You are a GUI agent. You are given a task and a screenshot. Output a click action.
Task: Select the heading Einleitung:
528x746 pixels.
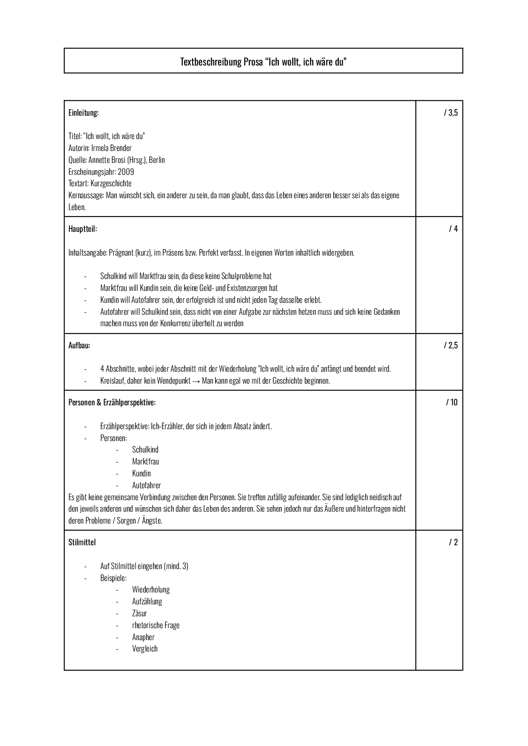click(83, 113)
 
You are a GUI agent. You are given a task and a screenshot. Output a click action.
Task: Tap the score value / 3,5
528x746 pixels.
click(451, 113)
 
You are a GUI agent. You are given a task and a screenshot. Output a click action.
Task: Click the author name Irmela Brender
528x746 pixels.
click(111, 148)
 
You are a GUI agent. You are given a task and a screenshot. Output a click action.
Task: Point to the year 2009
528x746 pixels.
click(126, 172)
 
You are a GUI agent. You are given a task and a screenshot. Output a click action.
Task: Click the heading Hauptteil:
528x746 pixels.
click(82, 229)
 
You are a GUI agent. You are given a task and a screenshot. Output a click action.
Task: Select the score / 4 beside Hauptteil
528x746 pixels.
click(453, 229)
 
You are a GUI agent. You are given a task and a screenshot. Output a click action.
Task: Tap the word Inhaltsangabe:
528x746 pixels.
click(88, 253)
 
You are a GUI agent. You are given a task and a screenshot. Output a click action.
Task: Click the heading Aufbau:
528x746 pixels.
click(79, 345)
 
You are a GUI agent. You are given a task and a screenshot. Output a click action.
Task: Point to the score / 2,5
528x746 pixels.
click(451, 345)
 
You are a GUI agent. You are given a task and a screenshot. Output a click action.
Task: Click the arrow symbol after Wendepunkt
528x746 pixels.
click(196, 381)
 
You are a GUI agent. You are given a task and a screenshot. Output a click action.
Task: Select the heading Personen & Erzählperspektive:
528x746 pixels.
click(112, 402)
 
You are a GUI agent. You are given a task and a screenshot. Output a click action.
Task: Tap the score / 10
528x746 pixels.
click(452, 402)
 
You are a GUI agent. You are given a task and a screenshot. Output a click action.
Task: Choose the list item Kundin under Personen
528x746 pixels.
click(141, 473)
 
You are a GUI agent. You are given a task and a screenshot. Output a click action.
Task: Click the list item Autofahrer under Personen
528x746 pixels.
click(146, 485)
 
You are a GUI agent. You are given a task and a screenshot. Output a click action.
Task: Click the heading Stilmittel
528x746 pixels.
click(82, 542)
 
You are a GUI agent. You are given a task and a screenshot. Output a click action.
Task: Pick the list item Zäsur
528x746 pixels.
click(139, 613)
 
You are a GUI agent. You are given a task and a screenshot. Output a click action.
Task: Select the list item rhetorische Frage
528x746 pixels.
click(156, 625)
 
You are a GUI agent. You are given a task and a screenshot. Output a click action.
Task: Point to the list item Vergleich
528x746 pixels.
click(145, 649)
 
